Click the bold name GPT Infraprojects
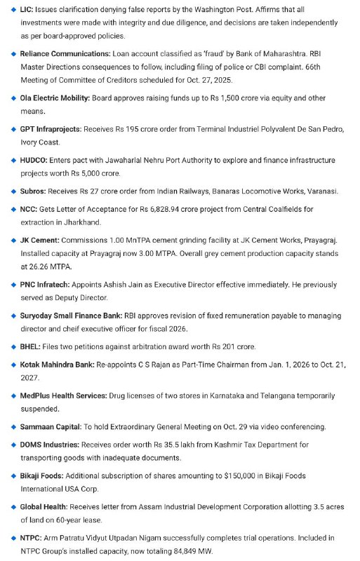pos(50,130)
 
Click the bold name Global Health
pos(45,506)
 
